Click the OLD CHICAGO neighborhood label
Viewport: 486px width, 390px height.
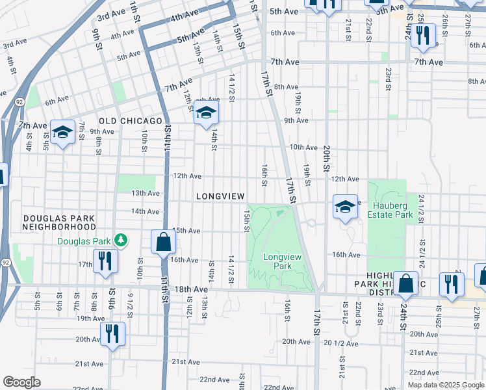click(x=130, y=122)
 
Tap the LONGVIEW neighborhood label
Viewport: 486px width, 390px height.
click(x=220, y=196)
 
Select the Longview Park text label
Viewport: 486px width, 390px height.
click(x=282, y=261)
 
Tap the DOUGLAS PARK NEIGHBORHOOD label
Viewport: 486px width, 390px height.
click(x=58, y=222)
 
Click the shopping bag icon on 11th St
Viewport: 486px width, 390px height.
click(x=163, y=242)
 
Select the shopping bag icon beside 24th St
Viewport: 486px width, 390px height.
click(x=405, y=283)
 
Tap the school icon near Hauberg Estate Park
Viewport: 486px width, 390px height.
click(x=346, y=207)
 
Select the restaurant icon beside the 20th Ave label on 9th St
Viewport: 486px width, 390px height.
click(x=112, y=335)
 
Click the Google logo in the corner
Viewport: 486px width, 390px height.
click(x=22, y=382)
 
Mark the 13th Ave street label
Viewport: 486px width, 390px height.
click(x=145, y=193)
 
